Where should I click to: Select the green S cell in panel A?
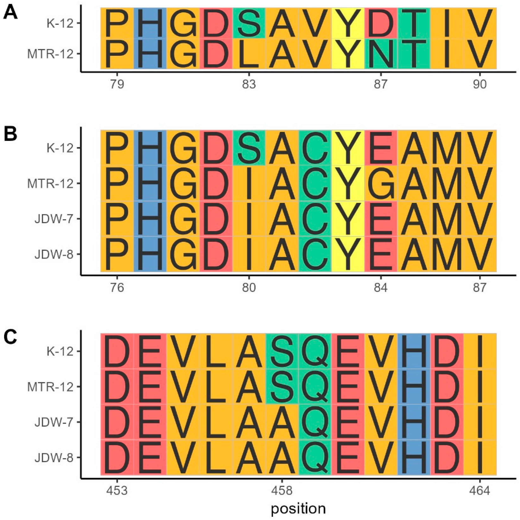point(249,23)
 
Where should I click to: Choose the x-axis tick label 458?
point(282,490)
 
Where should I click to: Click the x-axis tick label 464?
point(480,490)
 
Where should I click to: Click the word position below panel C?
point(298,508)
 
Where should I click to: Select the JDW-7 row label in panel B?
point(54,219)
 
